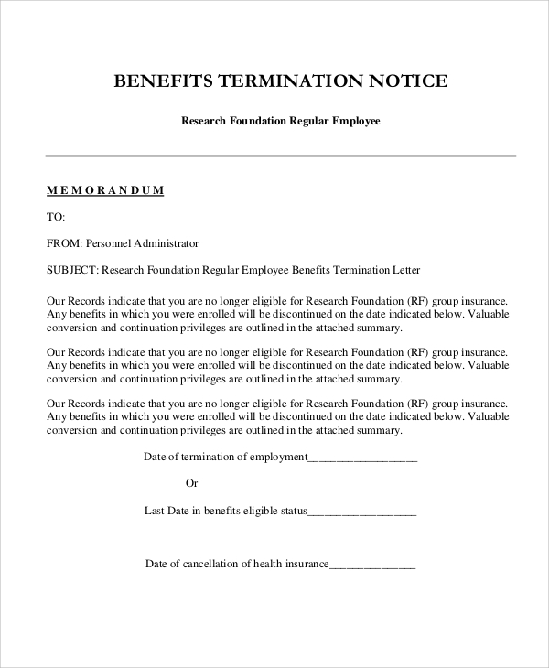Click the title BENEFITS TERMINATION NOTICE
tap(280, 81)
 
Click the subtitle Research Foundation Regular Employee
tap(280, 120)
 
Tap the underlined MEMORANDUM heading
tap(104, 190)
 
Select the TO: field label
tap(56, 217)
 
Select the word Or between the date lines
tap(192, 483)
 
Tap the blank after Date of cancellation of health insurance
tap(372, 564)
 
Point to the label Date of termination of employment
tap(226, 458)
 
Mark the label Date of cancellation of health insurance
tap(236, 564)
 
